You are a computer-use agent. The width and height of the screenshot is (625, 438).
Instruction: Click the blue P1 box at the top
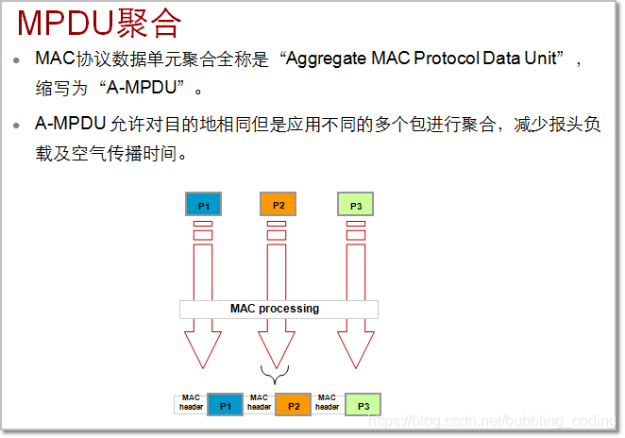click(203, 205)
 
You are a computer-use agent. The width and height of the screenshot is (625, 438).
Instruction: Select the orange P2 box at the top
click(279, 205)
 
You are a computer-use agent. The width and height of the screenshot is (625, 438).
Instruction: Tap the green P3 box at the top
click(356, 205)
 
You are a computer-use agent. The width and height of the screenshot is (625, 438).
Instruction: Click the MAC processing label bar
click(279, 309)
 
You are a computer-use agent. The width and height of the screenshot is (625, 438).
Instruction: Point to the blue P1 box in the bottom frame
click(225, 405)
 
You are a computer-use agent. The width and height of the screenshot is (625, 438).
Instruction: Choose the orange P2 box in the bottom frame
click(293, 405)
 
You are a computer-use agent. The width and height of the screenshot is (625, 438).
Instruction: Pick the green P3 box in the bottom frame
click(363, 405)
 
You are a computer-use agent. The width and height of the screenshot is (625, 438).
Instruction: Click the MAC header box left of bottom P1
click(192, 404)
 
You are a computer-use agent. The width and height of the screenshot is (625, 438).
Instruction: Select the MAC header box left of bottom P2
click(260, 404)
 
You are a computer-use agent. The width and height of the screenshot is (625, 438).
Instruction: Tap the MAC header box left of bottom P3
click(328, 404)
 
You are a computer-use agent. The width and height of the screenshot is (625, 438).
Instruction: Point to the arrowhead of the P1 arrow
click(203, 350)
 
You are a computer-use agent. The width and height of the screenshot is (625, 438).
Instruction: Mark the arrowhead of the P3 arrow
click(356, 350)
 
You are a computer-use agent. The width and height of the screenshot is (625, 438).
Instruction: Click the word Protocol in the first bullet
click(451, 59)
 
